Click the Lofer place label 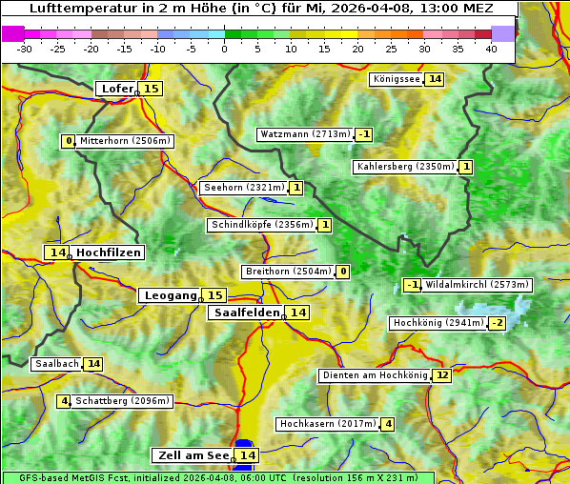point(116,89)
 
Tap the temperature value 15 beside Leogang point(215,295)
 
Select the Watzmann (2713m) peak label point(305,134)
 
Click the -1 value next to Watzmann point(364,134)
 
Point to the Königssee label point(396,79)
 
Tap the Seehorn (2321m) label point(243,188)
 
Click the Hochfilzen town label point(109,252)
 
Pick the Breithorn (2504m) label point(287,272)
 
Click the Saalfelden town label point(246,313)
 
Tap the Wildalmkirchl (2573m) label point(477,285)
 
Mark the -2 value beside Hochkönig point(498,323)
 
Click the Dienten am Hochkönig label point(375,375)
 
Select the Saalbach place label point(56,364)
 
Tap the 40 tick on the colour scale point(491,49)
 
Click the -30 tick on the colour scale point(25,49)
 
